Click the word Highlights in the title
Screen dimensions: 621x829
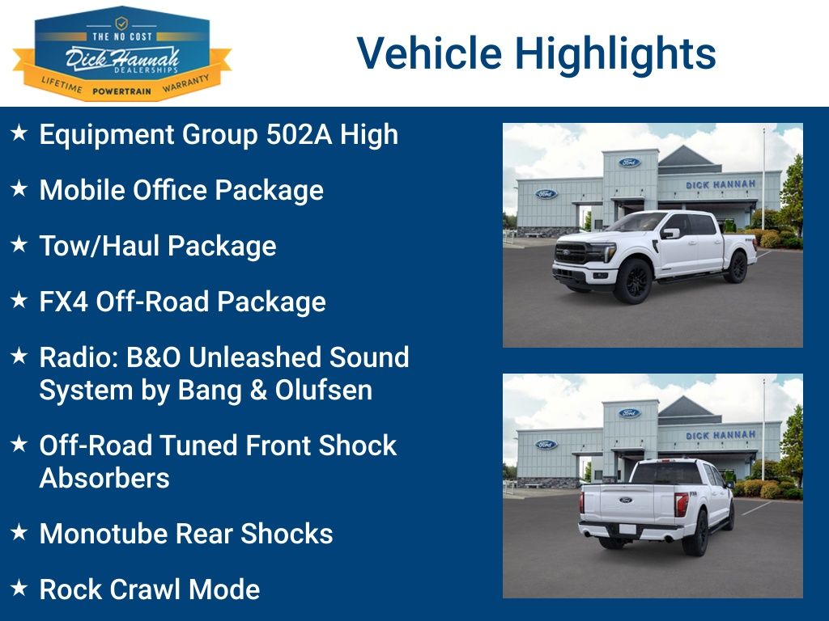point(615,53)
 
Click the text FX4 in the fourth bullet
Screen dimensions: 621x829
point(64,302)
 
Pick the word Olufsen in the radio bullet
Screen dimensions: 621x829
point(323,390)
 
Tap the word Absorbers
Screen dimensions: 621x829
point(104,478)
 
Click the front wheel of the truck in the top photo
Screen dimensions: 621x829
point(632,281)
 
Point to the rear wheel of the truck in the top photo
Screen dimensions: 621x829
point(736,268)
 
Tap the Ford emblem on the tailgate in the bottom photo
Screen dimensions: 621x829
point(624,501)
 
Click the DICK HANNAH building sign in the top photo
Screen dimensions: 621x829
point(720,184)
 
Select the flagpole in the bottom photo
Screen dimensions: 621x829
point(763,429)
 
